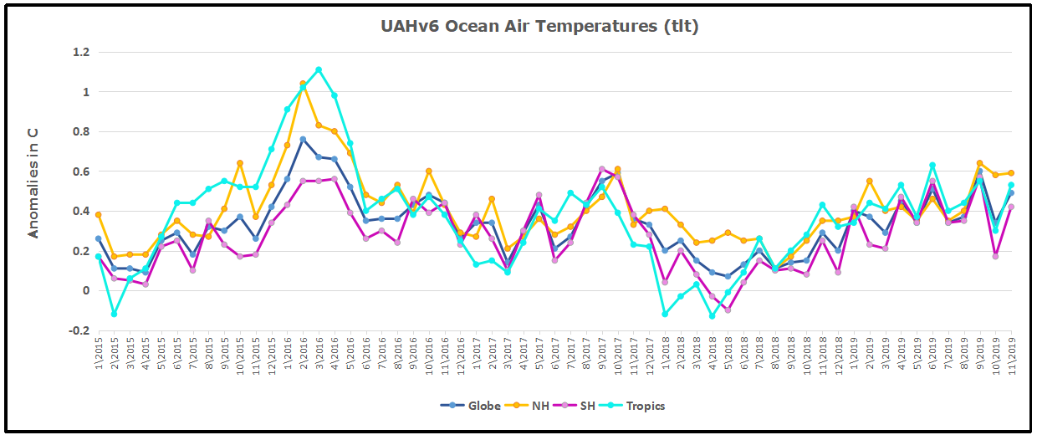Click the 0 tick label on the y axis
(x=85, y=291)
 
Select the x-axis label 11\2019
(x=1010, y=356)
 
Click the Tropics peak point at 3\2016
(x=319, y=70)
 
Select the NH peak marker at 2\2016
(x=303, y=84)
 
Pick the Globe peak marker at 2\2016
(x=303, y=139)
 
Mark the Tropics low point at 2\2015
(x=114, y=314)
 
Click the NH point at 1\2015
(x=99, y=215)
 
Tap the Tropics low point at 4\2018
(x=712, y=316)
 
